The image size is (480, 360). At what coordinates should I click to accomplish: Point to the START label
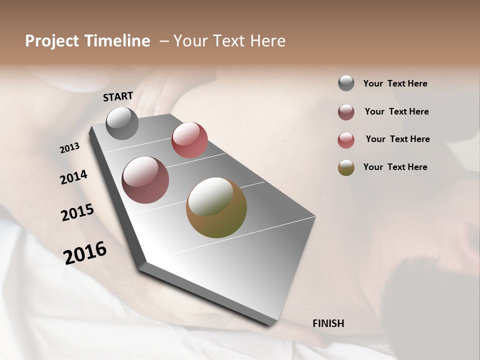point(118,96)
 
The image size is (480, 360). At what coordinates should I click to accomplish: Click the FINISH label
point(328,323)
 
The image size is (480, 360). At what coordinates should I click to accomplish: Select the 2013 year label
point(70,148)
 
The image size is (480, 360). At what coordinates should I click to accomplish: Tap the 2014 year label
point(73,177)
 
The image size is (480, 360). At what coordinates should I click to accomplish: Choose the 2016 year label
point(85,253)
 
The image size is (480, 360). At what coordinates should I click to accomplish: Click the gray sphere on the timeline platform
point(122,123)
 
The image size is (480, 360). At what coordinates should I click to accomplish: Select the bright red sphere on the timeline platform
point(189,139)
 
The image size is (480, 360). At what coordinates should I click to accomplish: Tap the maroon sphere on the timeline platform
point(145,180)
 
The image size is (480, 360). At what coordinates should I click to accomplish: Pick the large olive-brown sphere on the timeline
point(216,207)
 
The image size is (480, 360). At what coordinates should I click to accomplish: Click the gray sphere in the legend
point(346,83)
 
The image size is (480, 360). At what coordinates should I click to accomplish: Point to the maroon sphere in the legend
point(346,112)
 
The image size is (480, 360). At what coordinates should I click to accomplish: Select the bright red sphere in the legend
point(346,140)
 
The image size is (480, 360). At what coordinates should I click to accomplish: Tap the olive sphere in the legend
point(346,167)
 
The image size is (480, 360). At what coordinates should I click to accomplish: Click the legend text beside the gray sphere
point(395,84)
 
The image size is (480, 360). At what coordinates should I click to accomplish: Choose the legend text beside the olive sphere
point(395,167)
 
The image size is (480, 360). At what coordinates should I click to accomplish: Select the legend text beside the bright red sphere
point(397,139)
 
